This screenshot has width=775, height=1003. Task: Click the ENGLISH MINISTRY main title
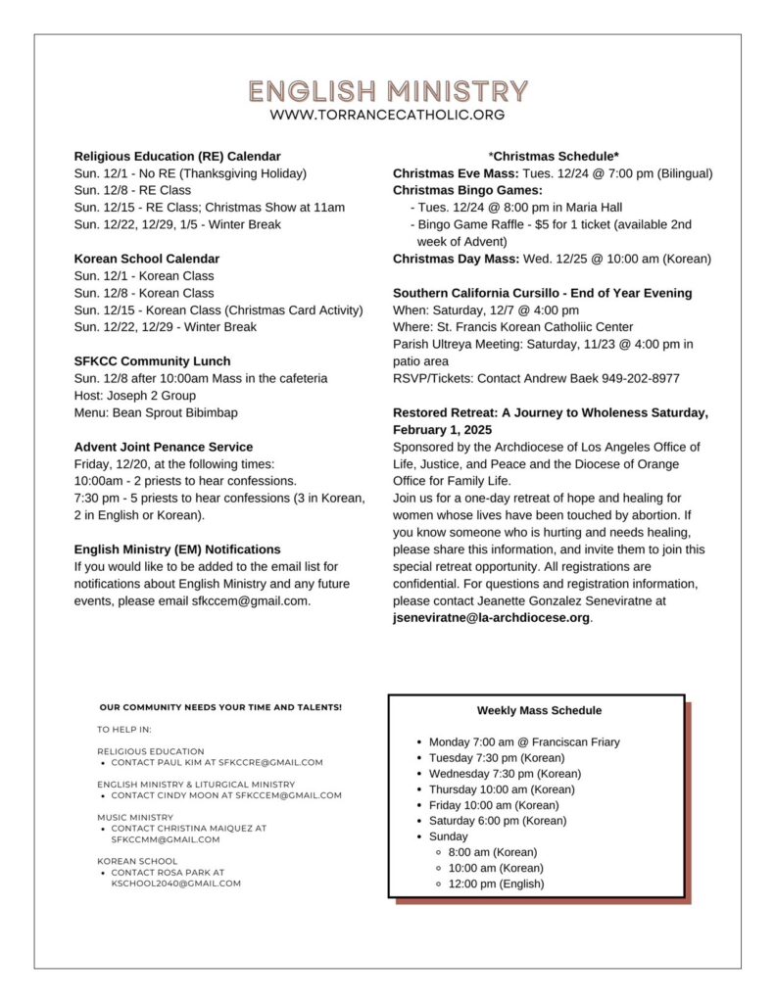(x=388, y=92)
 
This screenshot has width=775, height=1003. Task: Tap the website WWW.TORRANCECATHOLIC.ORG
(x=388, y=115)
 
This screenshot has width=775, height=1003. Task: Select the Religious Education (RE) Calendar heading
(x=177, y=156)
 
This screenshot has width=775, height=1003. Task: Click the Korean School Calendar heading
(x=147, y=259)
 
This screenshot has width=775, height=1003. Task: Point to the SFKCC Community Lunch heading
(x=151, y=361)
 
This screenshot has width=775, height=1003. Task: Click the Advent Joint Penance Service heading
(x=164, y=447)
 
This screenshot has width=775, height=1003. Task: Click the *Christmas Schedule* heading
(x=554, y=156)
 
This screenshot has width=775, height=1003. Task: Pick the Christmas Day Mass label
(x=455, y=259)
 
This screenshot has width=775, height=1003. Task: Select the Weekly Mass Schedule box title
(x=539, y=710)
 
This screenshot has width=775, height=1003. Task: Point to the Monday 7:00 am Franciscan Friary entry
(x=524, y=742)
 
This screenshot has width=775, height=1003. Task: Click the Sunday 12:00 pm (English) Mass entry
(x=496, y=884)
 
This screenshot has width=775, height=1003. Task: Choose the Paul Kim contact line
(x=217, y=762)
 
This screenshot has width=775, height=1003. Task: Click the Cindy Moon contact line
(x=226, y=795)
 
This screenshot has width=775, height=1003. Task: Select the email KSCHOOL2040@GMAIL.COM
(x=175, y=883)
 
